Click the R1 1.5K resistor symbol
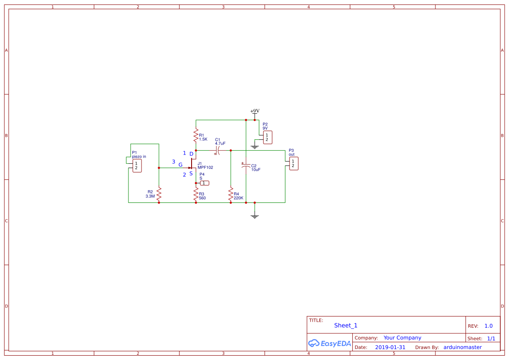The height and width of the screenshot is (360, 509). (x=196, y=135)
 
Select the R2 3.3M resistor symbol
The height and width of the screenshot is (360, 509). (x=159, y=194)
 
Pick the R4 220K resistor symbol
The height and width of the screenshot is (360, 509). (x=231, y=195)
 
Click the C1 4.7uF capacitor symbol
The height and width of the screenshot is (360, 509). (x=218, y=151)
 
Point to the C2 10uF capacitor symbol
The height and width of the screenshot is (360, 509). (x=246, y=166)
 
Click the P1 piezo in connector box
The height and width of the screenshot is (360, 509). (x=137, y=166)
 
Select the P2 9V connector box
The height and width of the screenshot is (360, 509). (x=267, y=138)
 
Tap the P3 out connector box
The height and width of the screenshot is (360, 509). (x=293, y=164)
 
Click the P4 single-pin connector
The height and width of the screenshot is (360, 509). (x=204, y=183)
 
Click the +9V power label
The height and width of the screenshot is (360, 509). (x=255, y=111)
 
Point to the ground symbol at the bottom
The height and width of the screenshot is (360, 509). (x=255, y=216)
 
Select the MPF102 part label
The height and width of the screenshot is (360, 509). (x=205, y=168)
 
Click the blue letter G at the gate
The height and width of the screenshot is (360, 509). (x=180, y=165)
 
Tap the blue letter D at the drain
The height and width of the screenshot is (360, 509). (x=191, y=154)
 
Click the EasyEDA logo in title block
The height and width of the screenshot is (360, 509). (x=330, y=343)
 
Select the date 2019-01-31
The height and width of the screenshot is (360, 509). (x=390, y=347)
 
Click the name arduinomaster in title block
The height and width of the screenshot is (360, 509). (x=462, y=347)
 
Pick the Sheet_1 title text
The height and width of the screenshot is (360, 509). (x=346, y=326)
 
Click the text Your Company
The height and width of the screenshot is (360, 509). (x=402, y=338)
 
